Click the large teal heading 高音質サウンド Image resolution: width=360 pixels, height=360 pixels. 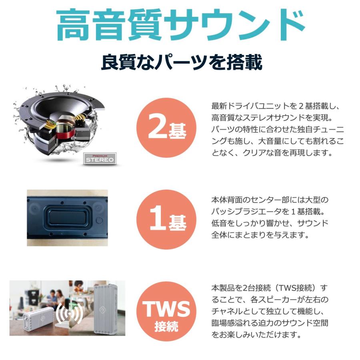pyautogui.click(x=180, y=25)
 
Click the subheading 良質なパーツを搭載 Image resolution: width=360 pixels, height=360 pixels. pyautogui.click(x=181, y=63)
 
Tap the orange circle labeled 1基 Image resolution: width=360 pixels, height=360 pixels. pyautogui.click(x=167, y=219)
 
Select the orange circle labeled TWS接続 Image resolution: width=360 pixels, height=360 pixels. pyautogui.click(x=167, y=312)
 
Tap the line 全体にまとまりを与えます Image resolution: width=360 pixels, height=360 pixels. pyautogui.click(x=260, y=235)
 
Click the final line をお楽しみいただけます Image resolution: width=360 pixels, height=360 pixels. pyautogui.click(x=256, y=334)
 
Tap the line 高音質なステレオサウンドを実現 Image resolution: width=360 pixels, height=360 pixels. pyautogui.click(x=272, y=118)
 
